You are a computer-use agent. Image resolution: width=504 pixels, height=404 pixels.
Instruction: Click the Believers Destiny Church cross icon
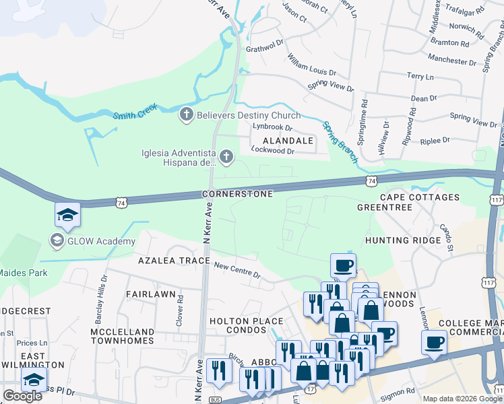point(187,115)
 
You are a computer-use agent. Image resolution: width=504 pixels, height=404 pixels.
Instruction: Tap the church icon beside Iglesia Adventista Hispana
point(226,158)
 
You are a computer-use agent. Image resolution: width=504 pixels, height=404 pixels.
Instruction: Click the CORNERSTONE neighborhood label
point(238,194)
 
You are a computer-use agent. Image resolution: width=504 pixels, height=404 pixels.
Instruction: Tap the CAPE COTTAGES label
point(420,197)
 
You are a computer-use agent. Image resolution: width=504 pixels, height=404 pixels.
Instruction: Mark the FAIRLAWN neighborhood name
point(151,294)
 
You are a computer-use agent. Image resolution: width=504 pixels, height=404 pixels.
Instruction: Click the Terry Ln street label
point(420,77)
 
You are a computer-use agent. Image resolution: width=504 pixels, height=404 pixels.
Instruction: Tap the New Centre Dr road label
point(237,269)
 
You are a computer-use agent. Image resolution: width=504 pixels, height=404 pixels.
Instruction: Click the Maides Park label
point(24,273)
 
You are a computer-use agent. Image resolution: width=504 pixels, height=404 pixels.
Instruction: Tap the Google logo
point(22,396)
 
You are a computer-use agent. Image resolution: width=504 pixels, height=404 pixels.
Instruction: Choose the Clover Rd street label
point(181,315)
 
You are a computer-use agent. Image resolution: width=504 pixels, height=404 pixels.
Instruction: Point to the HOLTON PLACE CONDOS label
point(246,326)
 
